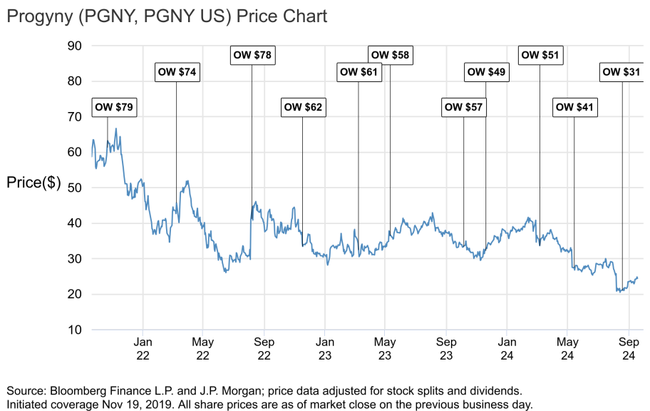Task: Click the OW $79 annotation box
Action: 114,108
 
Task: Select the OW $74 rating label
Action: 176,72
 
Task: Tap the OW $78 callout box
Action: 252,54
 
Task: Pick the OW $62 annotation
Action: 303,108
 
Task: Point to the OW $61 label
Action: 359,72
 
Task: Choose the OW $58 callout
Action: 391,54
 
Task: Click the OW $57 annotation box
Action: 464,108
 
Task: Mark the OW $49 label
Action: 486,72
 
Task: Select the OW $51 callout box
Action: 540,54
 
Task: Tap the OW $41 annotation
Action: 574,108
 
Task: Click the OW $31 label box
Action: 621,72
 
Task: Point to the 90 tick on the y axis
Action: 75,46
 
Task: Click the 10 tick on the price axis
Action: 75,330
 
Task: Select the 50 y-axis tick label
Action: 75,188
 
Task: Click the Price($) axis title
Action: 33,182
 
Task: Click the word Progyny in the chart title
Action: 41,16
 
